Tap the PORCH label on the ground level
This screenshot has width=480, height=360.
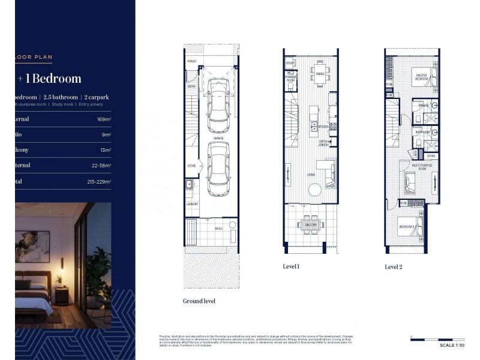pos(192,62)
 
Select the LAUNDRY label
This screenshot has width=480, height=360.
pos(192,204)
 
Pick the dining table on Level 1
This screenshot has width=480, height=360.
pos(320,74)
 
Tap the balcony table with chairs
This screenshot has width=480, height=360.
pos(310,225)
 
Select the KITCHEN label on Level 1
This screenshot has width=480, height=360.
pos(323,127)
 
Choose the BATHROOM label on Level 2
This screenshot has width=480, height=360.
pos(422,132)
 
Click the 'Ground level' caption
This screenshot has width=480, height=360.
pos(199,301)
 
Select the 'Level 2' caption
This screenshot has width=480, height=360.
pos(393,266)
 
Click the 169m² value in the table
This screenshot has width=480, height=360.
pos(104,119)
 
